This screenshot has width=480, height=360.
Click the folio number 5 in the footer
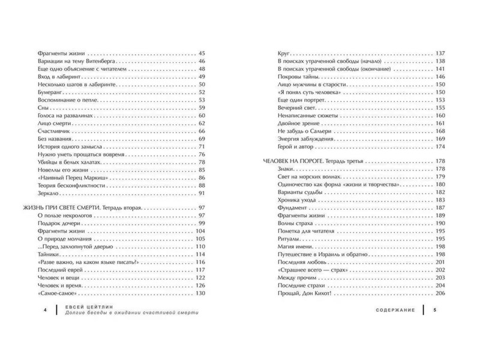point(434,311)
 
